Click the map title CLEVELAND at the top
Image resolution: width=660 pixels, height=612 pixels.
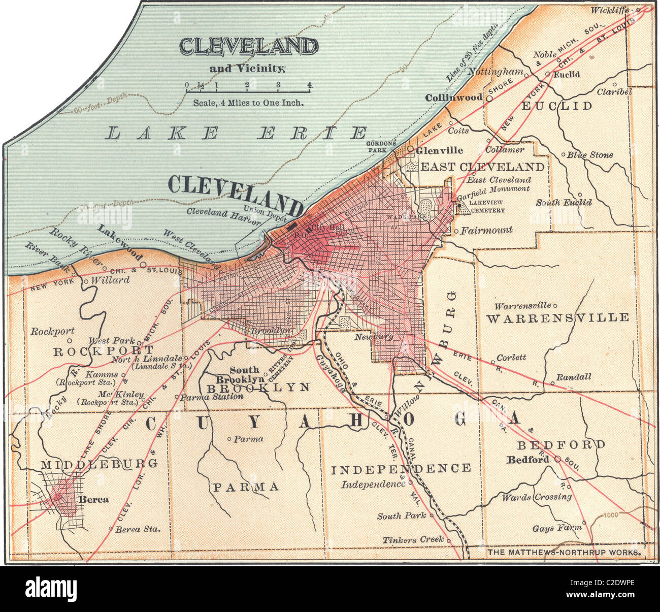tap(248, 46)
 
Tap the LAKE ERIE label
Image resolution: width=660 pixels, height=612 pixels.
tap(237, 133)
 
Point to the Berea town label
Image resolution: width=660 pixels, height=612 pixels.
tap(93, 499)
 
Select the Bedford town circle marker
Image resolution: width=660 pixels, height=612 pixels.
tap(557, 459)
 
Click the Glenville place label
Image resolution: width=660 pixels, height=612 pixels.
tap(439, 150)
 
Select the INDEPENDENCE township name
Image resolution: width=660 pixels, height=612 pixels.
tap(401, 468)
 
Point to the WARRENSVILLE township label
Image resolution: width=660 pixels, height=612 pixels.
tap(557, 318)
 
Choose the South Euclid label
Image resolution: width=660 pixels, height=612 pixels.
tap(564, 202)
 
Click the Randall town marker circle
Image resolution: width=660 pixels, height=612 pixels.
tap(552, 383)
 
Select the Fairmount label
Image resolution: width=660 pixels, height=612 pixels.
tap(486, 230)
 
